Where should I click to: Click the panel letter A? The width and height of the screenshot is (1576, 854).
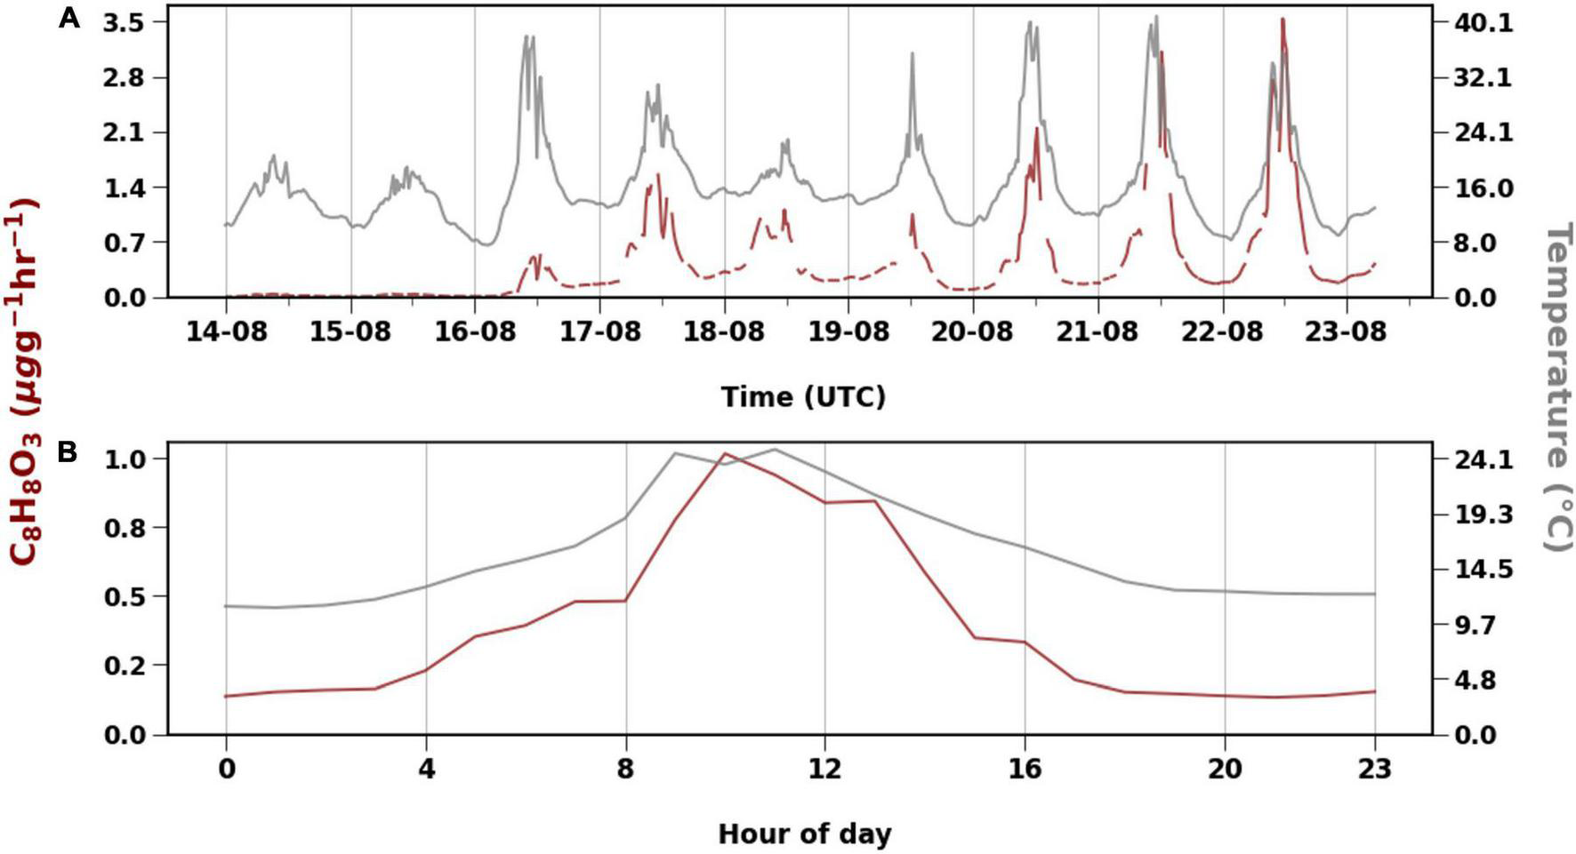[x=69, y=18]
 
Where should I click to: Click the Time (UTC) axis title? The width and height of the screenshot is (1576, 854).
[x=803, y=396]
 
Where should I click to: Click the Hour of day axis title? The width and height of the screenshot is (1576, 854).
[x=803, y=834]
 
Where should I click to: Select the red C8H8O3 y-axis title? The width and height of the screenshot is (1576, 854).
[x=24, y=382]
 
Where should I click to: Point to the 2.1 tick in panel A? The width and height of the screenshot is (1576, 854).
[x=124, y=132]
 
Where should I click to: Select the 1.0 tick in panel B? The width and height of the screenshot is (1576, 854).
[x=124, y=459]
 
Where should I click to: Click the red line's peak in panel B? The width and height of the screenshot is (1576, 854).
[x=725, y=453]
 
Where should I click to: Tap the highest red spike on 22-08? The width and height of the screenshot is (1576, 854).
[x=1283, y=20]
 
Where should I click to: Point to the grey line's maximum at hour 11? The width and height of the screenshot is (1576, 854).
[x=775, y=449]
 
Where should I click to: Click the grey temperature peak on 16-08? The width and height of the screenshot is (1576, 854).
[x=528, y=36]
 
